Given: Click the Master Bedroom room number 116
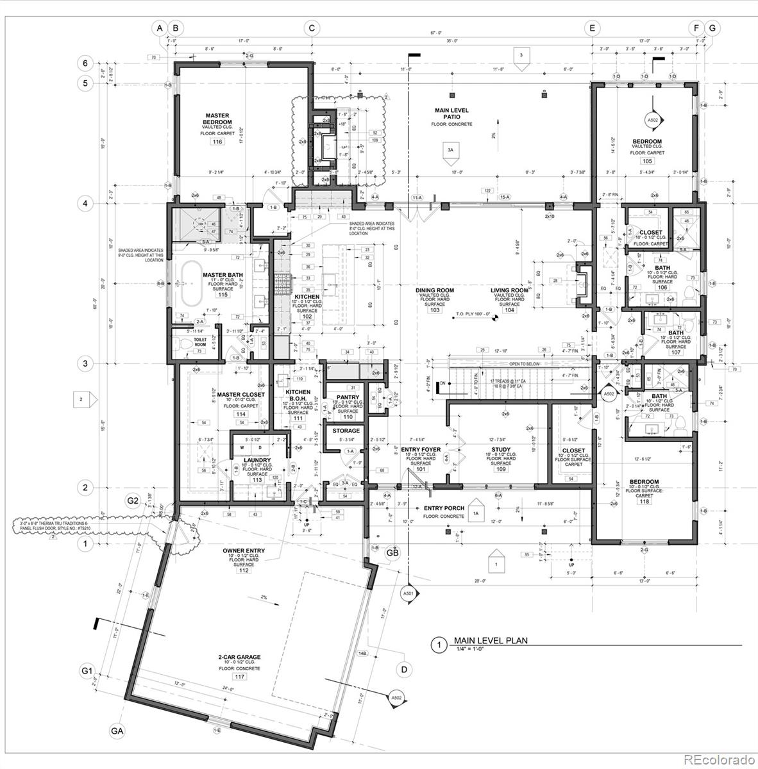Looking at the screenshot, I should (x=217, y=142).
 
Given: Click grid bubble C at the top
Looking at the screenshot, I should (x=312, y=28).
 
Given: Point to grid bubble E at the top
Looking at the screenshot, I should (x=592, y=28).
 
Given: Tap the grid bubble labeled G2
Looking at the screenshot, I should (x=133, y=500).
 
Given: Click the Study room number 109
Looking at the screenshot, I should (x=501, y=470).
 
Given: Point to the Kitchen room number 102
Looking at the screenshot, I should (x=307, y=317).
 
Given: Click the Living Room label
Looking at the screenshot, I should (x=509, y=290).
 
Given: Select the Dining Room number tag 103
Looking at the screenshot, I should (x=435, y=310).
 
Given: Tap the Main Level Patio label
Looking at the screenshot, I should (x=453, y=113).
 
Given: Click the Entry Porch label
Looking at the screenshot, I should (x=444, y=509).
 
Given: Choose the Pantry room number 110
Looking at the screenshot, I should (x=347, y=417).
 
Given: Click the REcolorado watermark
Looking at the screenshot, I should (x=718, y=760).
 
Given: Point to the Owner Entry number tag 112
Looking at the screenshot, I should (x=243, y=570).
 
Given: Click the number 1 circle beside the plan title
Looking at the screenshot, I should (x=438, y=645).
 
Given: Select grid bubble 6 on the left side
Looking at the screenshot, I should (x=82, y=63).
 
